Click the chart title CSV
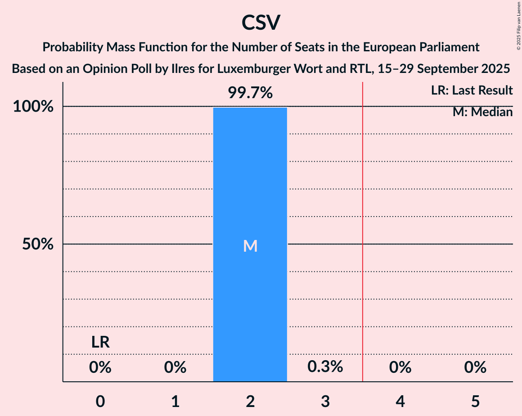point(261,23)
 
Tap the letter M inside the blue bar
point(250,246)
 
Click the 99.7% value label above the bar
point(250,93)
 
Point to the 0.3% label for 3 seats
point(325,367)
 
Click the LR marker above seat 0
point(100,343)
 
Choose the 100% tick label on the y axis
point(34,107)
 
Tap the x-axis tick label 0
point(100,402)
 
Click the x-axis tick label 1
point(175,402)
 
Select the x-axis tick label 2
point(250,402)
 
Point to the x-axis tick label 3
point(325,402)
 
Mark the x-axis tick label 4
point(400,402)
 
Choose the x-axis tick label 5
point(475,402)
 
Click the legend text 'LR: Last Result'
point(472,90)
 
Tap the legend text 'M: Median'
point(482,112)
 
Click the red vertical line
point(363,225)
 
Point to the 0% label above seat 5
point(475,368)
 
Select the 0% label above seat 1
point(175,368)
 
